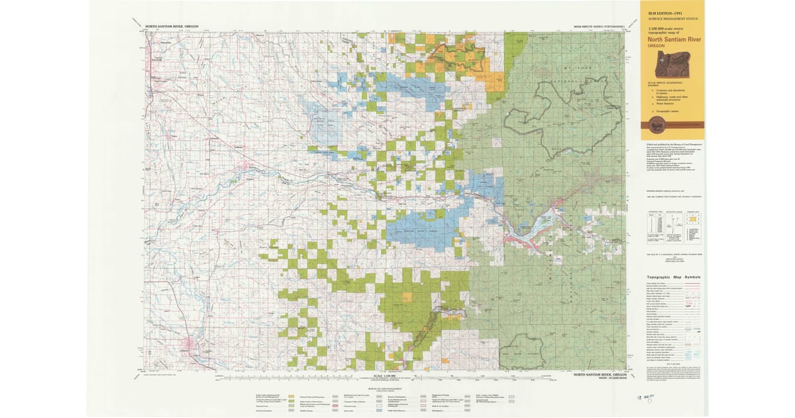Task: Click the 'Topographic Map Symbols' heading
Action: pyautogui.click(x=673, y=277)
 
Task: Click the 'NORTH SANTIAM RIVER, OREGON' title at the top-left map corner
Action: pyautogui.click(x=174, y=27)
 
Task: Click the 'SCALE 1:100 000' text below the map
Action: pyautogui.click(x=386, y=376)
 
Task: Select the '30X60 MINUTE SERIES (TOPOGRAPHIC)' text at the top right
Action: pyautogui.click(x=598, y=27)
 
